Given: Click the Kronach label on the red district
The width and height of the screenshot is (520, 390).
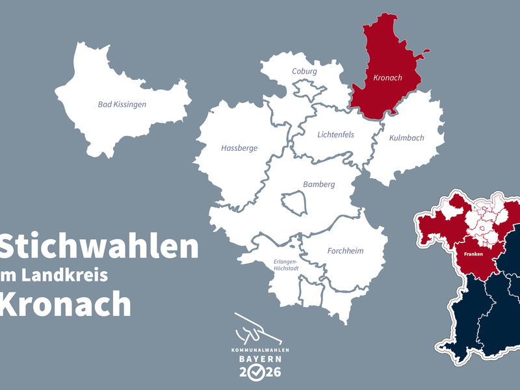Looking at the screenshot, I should click(388, 78).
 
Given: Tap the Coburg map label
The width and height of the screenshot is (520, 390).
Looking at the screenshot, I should click(304, 71).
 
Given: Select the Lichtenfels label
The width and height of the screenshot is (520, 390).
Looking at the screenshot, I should click(335, 135).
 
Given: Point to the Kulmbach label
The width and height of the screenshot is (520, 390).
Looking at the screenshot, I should click(406, 138).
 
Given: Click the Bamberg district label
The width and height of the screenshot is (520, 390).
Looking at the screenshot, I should click(318, 185).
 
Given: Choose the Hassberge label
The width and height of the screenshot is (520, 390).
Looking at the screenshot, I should click(239, 148).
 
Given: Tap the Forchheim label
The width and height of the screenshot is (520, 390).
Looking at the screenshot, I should click(345, 251).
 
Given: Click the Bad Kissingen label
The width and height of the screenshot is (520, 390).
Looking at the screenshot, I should click(122, 104).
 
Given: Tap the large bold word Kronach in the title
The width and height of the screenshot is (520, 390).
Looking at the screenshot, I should click(65, 302).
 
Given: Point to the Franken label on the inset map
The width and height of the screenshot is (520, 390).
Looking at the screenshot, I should click(473, 254).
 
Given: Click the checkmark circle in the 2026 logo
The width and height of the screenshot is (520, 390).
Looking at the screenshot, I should click(259, 372).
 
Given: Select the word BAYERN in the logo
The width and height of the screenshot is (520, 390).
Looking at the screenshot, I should click(260, 359).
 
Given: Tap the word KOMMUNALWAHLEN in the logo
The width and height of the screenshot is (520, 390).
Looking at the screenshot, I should click(260, 350).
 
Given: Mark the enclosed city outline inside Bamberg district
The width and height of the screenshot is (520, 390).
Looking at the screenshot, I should click(294, 203).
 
